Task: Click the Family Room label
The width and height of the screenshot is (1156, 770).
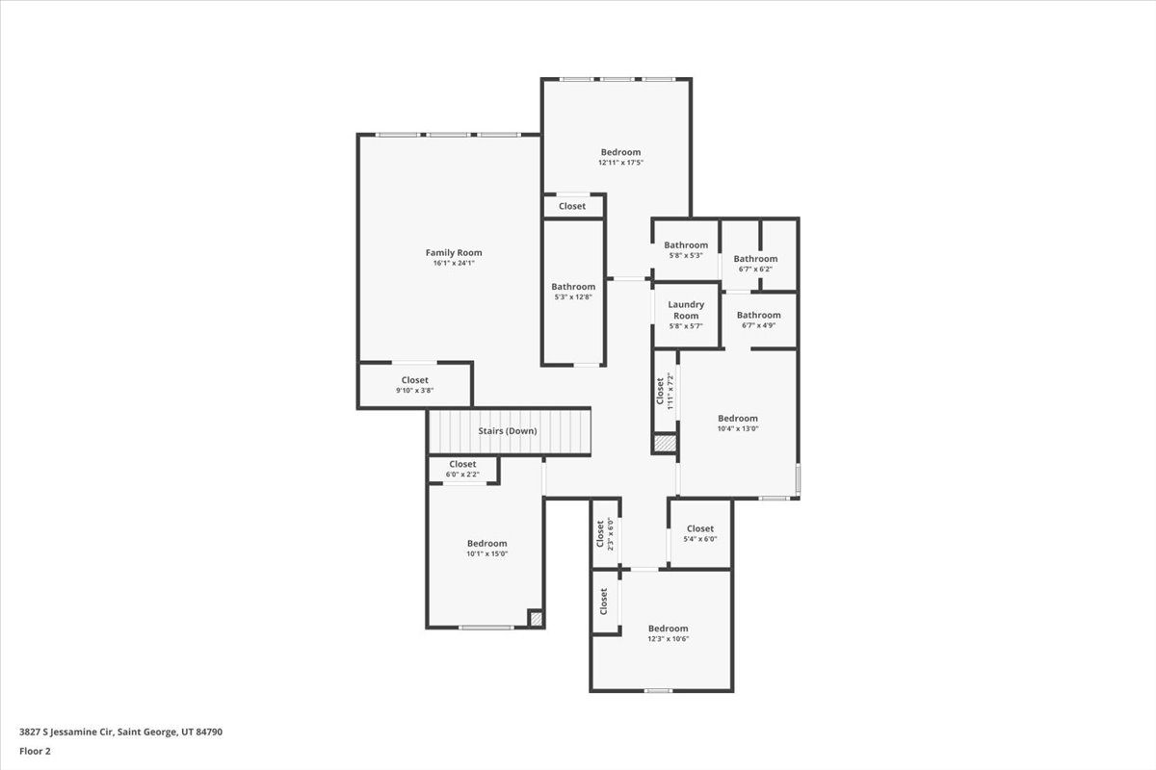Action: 453,253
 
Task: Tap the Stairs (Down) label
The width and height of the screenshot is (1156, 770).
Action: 508,431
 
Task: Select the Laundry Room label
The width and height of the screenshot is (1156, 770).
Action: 686,310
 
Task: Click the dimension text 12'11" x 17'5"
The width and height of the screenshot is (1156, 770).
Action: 620,163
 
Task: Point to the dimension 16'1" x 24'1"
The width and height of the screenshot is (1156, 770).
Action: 453,263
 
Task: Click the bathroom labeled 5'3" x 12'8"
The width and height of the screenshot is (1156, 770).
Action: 573,292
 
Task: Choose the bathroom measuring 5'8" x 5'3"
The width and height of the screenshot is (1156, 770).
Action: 686,250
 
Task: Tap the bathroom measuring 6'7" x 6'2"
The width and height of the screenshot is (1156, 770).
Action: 755,264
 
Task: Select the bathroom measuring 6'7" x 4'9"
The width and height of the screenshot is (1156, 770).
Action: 759,320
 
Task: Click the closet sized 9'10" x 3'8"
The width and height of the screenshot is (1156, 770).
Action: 415,385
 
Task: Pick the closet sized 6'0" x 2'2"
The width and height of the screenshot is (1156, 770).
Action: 462,469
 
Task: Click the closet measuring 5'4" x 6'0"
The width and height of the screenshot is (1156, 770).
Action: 700,533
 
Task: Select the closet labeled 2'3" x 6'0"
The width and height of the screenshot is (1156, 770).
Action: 604,533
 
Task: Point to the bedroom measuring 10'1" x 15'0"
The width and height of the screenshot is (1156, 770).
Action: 486,549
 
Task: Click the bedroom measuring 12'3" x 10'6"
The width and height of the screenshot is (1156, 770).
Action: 668,633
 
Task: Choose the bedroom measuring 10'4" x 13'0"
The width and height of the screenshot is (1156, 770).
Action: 738,423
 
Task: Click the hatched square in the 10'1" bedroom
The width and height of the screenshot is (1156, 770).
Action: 536,619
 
